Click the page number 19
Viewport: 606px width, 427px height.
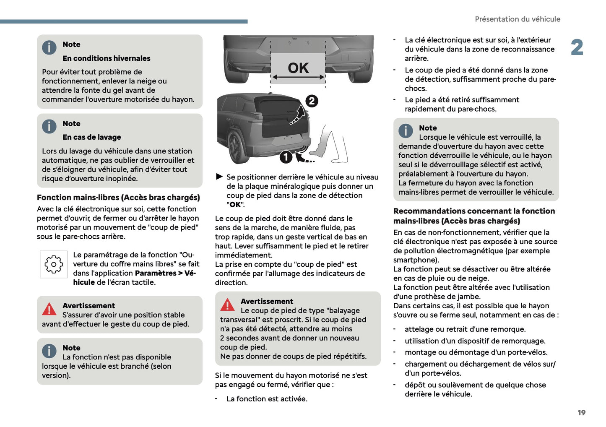pos(581,413)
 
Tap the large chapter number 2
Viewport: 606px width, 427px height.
pos(577,47)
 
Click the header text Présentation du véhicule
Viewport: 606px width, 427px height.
pos(517,19)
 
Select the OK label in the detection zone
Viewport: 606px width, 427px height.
pos(298,68)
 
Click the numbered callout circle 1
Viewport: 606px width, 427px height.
pos(286,157)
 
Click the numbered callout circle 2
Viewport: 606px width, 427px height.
pos(312,101)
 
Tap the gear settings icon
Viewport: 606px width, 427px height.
pos(54,264)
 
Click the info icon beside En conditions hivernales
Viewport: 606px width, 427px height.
pos(49,47)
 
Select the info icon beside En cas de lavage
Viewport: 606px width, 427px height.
pos(49,127)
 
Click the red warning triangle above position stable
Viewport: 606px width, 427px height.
pos(49,309)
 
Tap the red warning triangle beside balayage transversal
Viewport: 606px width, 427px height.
pos(227,305)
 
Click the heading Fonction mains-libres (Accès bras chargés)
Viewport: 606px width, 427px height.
pos(118,198)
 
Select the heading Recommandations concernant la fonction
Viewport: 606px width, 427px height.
pos(474,211)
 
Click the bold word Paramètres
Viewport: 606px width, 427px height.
pos(155,273)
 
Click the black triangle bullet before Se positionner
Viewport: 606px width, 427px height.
pos(219,177)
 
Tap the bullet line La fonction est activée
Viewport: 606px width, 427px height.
pos(267,399)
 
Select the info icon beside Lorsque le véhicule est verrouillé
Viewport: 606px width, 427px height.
pos(406,131)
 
